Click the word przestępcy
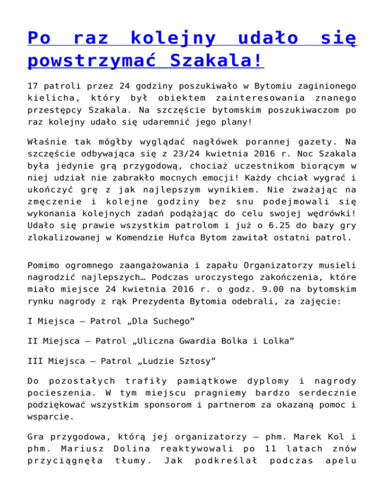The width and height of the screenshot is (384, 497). click(51, 110)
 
